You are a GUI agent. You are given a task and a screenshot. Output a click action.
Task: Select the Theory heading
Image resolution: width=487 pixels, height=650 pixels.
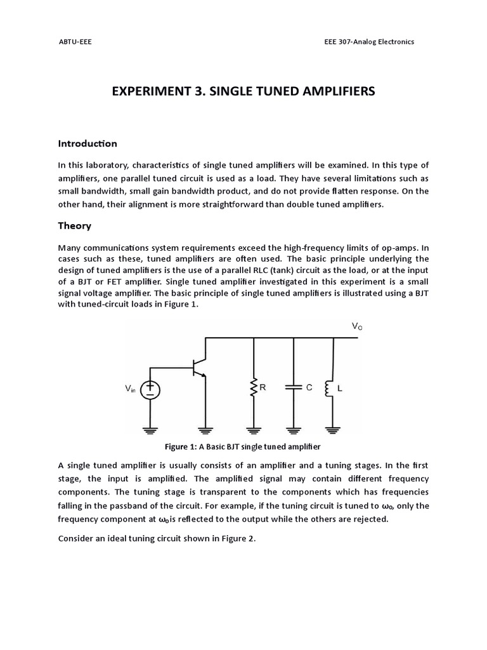(75, 225)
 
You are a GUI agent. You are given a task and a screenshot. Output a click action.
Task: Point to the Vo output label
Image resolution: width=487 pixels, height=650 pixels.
(357, 326)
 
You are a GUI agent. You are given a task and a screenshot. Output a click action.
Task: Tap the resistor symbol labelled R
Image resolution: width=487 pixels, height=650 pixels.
(254, 387)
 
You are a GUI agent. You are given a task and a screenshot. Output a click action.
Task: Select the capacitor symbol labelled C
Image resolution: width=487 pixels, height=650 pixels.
(294, 387)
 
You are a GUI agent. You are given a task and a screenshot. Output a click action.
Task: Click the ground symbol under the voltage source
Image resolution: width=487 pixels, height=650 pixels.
(150, 430)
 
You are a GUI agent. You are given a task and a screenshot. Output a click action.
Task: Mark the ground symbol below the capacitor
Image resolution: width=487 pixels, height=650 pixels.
(294, 430)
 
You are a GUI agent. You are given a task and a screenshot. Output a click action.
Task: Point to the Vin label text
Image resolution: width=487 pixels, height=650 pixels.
(130, 389)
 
